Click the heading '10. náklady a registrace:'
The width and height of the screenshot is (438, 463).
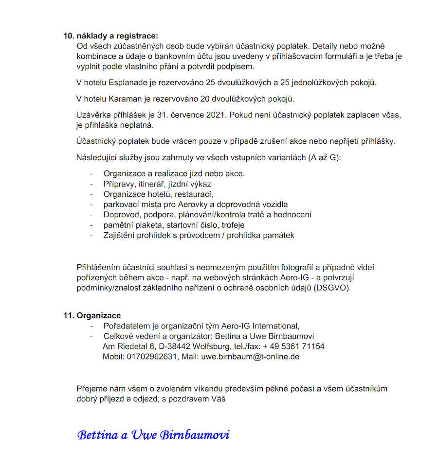click(x=110, y=36)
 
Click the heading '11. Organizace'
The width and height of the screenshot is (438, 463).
click(x=92, y=315)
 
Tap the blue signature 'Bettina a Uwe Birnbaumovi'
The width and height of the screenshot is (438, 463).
click(x=153, y=434)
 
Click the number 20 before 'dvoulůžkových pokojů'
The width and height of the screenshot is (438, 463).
click(x=205, y=99)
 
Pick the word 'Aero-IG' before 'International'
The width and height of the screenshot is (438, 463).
click(x=235, y=326)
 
